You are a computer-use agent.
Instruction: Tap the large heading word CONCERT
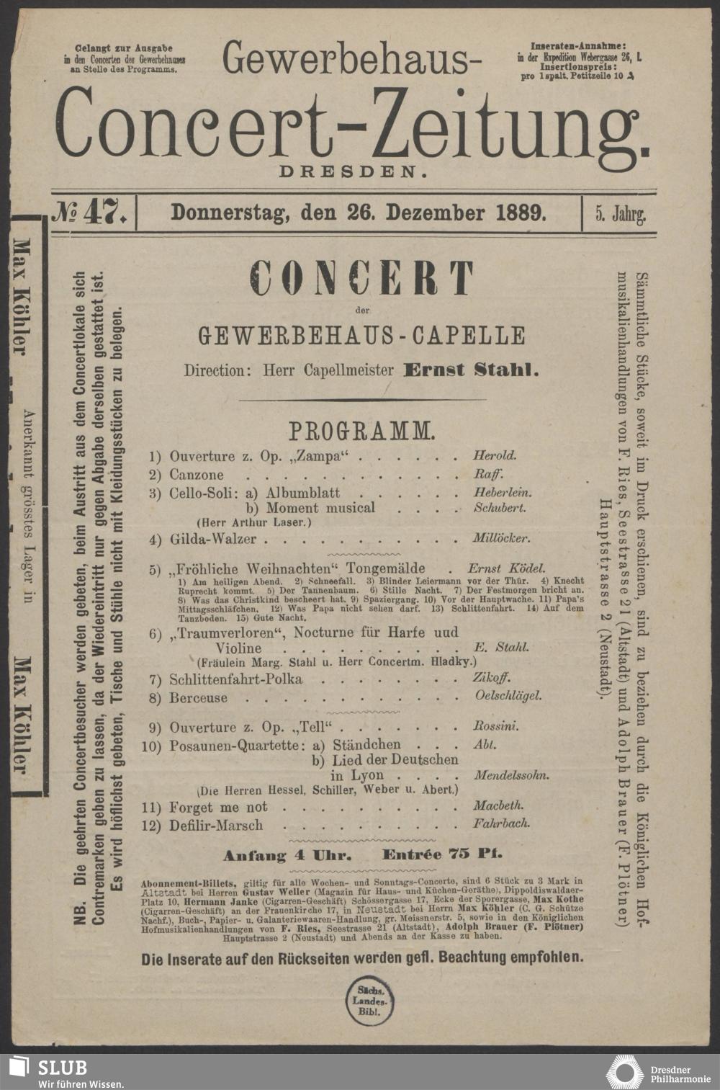361,278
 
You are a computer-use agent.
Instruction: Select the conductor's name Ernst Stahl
472,370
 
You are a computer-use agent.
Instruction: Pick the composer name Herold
495,455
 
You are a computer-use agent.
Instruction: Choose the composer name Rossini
495,726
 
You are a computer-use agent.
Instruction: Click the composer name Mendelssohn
512,775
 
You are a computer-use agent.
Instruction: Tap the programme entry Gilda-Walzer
217,538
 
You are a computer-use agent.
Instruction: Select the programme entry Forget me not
217,807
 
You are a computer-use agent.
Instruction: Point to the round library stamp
370,1000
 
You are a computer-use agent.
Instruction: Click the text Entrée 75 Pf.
443,855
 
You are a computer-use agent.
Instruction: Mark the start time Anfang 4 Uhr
287,856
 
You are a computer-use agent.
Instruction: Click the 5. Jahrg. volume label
620,213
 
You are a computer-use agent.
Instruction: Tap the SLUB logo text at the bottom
63,1068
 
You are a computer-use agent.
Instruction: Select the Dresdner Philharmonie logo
652,1071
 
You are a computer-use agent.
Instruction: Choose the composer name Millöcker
501,538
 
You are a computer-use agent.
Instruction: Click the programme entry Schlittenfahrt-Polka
235,679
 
